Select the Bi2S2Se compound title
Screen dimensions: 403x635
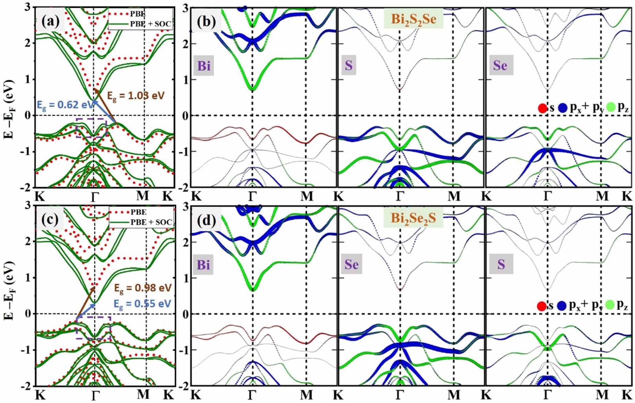413,19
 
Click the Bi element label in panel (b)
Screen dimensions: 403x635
204,65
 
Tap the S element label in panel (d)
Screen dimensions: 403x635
501,264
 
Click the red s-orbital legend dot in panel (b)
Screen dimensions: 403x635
542,108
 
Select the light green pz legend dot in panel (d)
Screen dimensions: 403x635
610,305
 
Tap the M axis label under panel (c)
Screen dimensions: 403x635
143,395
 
